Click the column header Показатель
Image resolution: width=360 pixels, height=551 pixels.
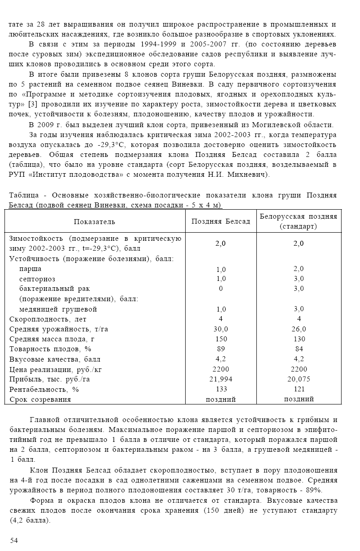coord(95,221)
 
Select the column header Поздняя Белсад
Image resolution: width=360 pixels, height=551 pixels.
coord(221,221)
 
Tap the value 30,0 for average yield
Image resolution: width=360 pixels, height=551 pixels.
coord(221,329)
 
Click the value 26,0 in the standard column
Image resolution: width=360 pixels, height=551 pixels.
coord(299,329)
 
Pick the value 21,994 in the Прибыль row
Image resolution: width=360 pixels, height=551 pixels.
coord(221,379)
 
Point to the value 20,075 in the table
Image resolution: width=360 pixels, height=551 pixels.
coord(299,379)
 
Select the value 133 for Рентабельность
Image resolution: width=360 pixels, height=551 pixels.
coord(221,389)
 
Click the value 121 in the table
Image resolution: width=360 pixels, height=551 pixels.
coord(299,389)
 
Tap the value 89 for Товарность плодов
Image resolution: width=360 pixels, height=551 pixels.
coord(221,349)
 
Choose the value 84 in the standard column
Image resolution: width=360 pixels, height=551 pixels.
coord(299,349)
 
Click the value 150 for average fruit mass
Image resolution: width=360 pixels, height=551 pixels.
coord(221,339)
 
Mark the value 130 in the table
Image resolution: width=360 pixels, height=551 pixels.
coord(299,339)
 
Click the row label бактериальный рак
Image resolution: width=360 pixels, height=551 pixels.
coord(55,289)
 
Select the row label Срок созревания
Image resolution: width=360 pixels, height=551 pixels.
coord(40,399)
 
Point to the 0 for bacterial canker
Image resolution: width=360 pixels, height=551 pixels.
coord(221,289)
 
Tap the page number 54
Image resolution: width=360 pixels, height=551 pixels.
coord(14,540)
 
